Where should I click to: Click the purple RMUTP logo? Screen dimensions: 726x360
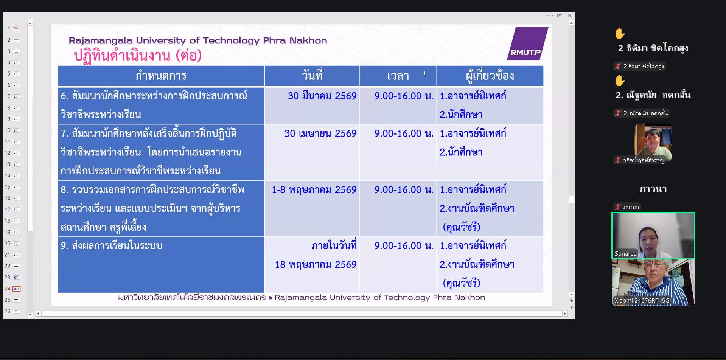(x=527, y=43)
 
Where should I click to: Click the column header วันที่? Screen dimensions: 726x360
(x=312, y=76)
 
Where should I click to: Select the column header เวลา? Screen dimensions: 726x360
(x=398, y=76)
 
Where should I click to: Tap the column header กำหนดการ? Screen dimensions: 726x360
(x=161, y=76)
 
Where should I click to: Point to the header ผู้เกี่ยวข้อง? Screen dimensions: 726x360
(x=490, y=76)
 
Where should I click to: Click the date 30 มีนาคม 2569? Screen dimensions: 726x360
(x=322, y=96)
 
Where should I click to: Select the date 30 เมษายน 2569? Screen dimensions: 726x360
(x=320, y=133)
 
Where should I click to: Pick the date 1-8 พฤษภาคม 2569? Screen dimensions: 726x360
(x=314, y=190)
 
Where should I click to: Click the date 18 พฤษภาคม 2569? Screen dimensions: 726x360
(x=316, y=264)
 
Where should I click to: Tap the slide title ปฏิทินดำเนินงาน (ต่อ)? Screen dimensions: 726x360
(x=138, y=56)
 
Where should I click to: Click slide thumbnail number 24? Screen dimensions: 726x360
(x=16, y=289)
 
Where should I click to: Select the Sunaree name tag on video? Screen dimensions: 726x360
(x=625, y=254)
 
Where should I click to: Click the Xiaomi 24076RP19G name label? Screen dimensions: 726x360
(x=642, y=301)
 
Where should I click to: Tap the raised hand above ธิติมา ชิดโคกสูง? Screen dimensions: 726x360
(x=620, y=34)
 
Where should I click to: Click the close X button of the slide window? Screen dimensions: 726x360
(x=569, y=16)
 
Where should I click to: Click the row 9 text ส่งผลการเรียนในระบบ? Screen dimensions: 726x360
(x=111, y=246)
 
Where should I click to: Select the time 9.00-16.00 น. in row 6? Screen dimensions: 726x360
(x=404, y=96)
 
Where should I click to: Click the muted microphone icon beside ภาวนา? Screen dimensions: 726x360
(x=618, y=207)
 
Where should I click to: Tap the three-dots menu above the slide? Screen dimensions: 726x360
(x=550, y=16)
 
